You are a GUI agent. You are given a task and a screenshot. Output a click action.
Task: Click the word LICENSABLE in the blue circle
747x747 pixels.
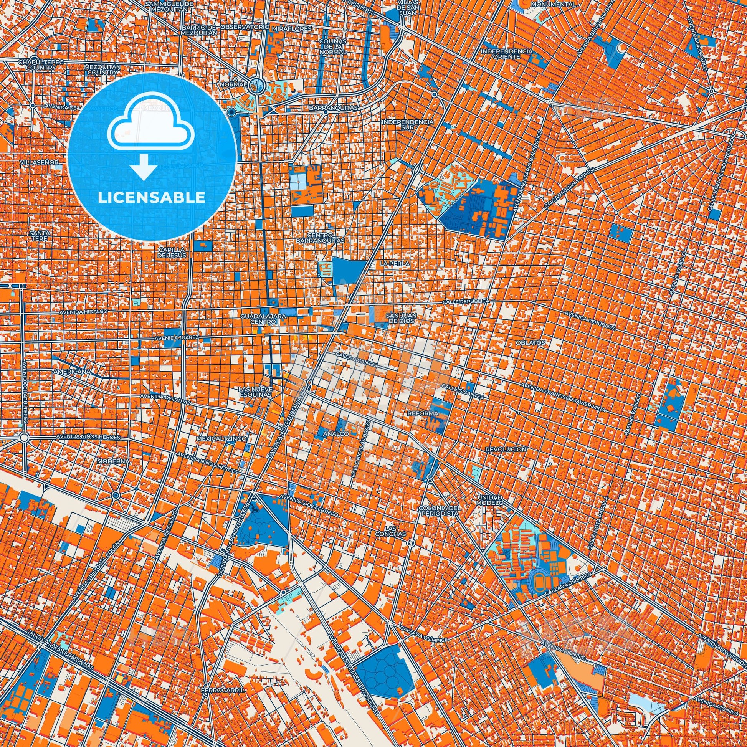click(x=152, y=198)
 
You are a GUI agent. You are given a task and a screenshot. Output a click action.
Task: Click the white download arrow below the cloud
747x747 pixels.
click(x=144, y=167)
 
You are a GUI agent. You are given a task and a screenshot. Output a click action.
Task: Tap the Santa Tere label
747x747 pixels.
click(x=40, y=236)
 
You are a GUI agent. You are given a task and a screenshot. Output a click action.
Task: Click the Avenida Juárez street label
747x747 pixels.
click(x=177, y=337)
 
